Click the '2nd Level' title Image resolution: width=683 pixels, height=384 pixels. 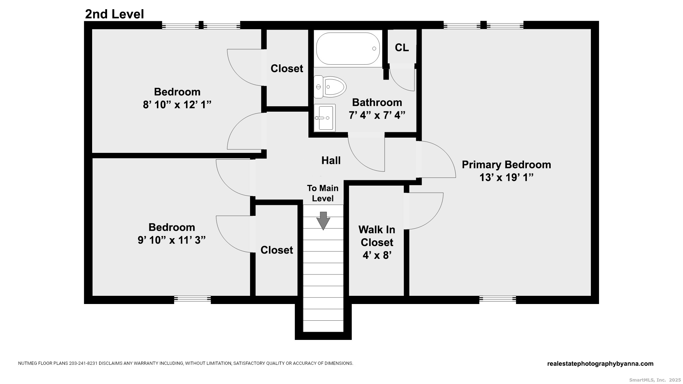[x=114, y=14]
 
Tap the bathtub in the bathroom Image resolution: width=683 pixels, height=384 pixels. [x=348, y=49]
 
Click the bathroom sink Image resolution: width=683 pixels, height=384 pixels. [x=325, y=118]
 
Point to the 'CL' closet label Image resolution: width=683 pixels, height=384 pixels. [x=402, y=48]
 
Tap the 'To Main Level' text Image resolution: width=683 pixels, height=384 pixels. [x=323, y=193]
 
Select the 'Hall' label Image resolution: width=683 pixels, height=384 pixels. [x=331, y=160]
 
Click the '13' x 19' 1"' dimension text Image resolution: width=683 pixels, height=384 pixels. [x=506, y=177]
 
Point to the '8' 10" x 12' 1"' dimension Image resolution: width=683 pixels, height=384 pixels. [x=177, y=105]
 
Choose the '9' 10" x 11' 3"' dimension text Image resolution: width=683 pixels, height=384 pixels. [x=171, y=240]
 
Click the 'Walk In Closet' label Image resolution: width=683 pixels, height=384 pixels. [x=377, y=236]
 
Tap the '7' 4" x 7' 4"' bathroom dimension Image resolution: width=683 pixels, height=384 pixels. [x=377, y=115]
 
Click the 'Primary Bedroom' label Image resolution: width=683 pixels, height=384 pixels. [x=506, y=165]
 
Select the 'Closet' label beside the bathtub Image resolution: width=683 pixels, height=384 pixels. [x=287, y=68]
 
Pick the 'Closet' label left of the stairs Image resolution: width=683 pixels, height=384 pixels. [x=277, y=250]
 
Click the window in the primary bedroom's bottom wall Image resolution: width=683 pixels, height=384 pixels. [x=497, y=299]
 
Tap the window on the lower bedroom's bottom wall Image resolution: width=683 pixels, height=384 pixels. [x=192, y=299]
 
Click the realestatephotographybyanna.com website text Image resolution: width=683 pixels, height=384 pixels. [x=600, y=364]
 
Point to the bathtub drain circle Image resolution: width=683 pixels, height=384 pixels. [x=374, y=49]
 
